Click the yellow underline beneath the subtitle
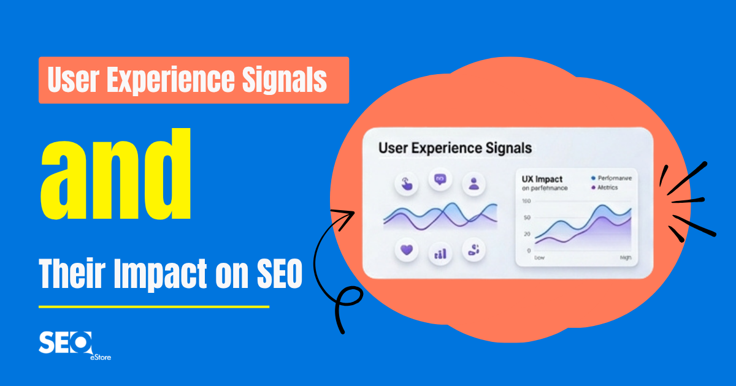point(153,306)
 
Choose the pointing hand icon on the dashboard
point(405,183)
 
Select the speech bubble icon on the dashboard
point(440,180)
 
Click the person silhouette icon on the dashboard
point(473,183)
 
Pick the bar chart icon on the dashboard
point(440,252)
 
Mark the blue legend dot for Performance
point(593,178)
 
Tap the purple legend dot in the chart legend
point(593,188)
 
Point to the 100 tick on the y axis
point(526,202)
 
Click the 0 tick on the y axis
point(528,251)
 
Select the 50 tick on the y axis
point(527,218)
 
